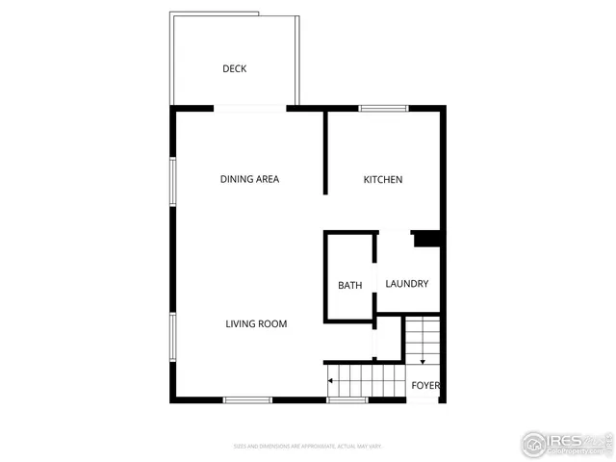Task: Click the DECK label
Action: click(x=235, y=68)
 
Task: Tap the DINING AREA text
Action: click(x=249, y=179)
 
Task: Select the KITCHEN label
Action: click(x=382, y=180)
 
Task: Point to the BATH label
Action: click(x=349, y=285)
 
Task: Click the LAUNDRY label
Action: click(x=406, y=284)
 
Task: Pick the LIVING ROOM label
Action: click(x=256, y=323)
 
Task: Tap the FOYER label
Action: click(x=425, y=386)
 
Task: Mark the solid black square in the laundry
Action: click(x=426, y=240)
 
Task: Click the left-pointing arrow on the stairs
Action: click(x=330, y=381)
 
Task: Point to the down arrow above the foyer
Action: click(x=422, y=361)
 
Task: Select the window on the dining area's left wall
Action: click(x=172, y=180)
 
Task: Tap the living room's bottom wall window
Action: click(x=247, y=399)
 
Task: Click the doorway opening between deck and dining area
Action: click(x=250, y=108)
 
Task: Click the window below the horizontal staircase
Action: click(x=346, y=399)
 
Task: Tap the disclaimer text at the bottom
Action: click(x=308, y=446)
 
